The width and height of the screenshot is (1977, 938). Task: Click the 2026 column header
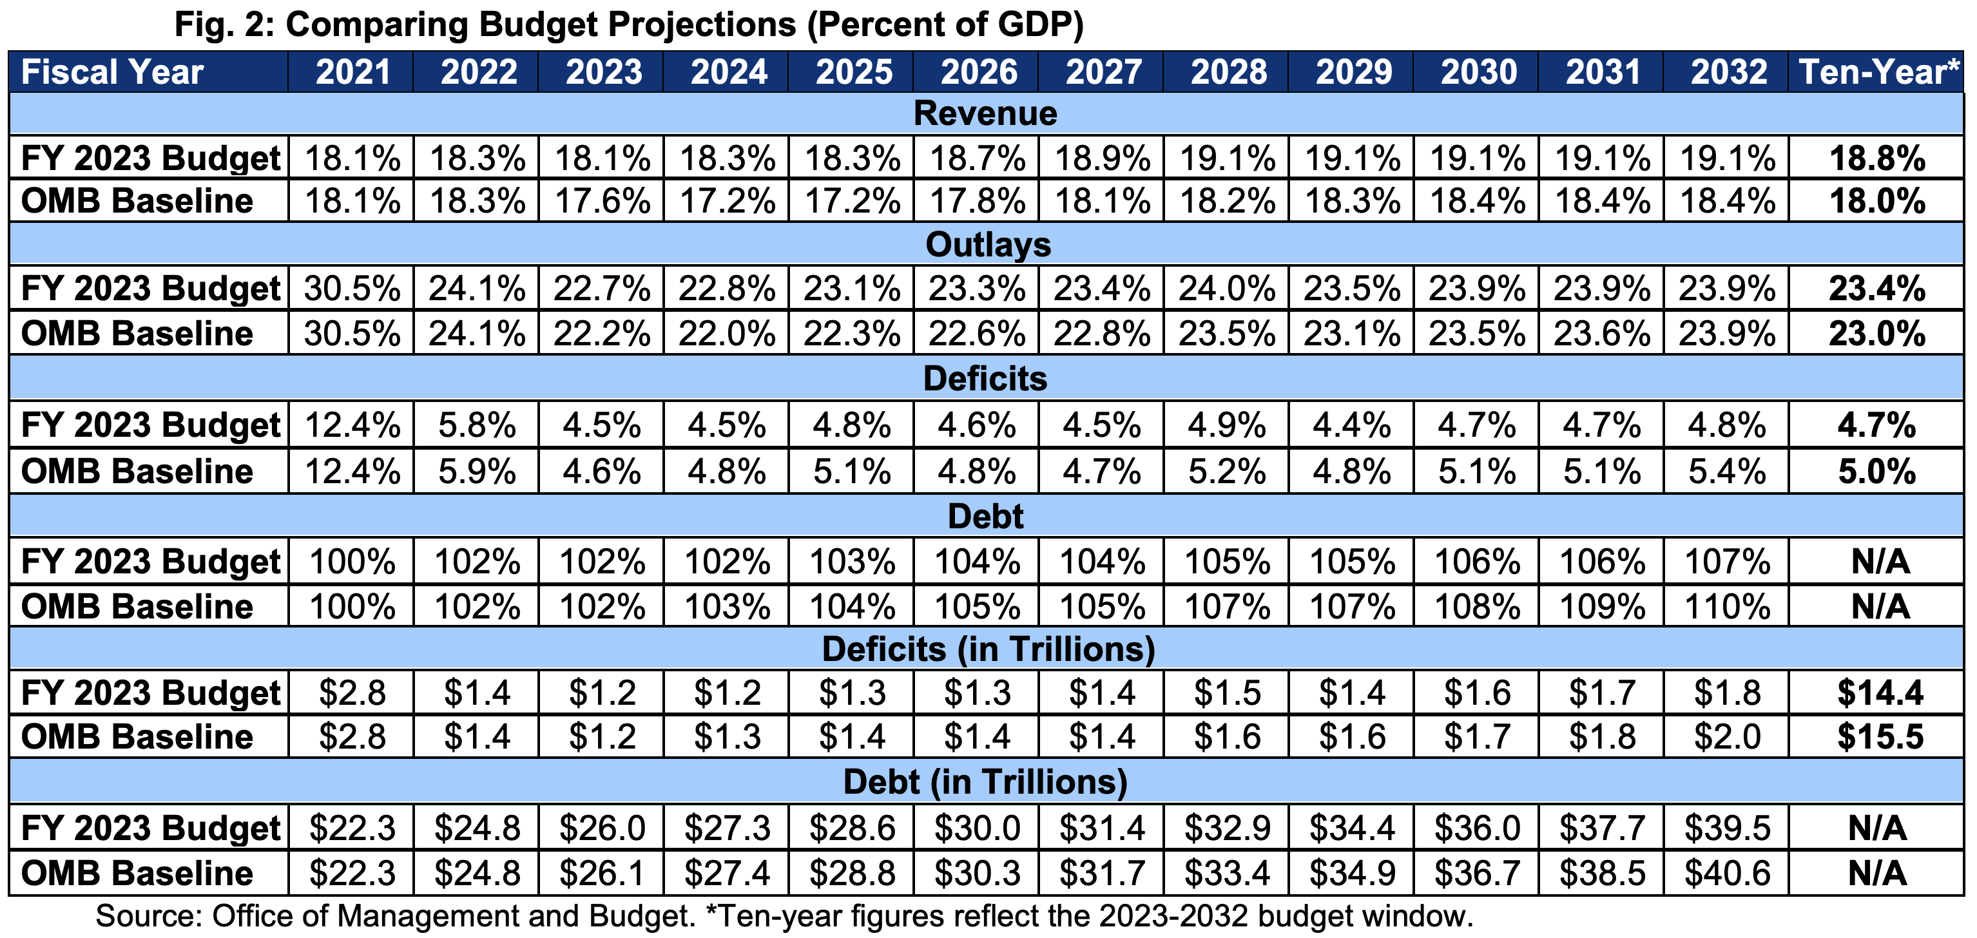pyautogui.click(x=979, y=72)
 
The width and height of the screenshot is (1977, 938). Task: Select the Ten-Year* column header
pyautogui.click(x=1878, y=72)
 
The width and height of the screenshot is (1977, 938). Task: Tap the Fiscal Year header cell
pyautogui.click(x=112, y=72)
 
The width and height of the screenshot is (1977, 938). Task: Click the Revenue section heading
pyautogui.click(x=985, y=113)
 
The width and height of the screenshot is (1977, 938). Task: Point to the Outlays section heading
pyautogui.click(x=988, y=245)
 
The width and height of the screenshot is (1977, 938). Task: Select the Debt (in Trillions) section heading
pyautogui.click(x=985, y=782)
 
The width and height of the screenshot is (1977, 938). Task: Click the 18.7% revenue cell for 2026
pyautogui.click(x=977, y=158)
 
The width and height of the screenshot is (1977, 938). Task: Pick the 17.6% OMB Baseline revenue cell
pyautogui.click(x=603, y=201)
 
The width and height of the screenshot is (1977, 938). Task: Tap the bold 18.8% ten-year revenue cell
pyautogui.click(x=1877, y=158)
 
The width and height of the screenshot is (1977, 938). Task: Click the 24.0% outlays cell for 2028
pyautogui.click(x=1226, y=289)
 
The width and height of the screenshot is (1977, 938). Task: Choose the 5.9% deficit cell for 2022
pyautogui.click(x=477, y=471)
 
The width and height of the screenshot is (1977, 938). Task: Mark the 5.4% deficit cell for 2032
pyautogui.click(x=1727, y=471)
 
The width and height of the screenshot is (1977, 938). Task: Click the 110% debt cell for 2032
pyautogui.click(x=1727, y=607)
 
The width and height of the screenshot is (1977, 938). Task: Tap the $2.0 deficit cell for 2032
pyautogui.click(x=1727, y=737)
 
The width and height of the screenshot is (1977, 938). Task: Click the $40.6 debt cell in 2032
pyautogui.click(x=1727, y=873)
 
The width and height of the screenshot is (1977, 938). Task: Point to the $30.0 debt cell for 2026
pyautogui.click(x=977, y=828)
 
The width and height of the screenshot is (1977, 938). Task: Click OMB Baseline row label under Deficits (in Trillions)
pyautogui.click(x=137, y=737)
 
